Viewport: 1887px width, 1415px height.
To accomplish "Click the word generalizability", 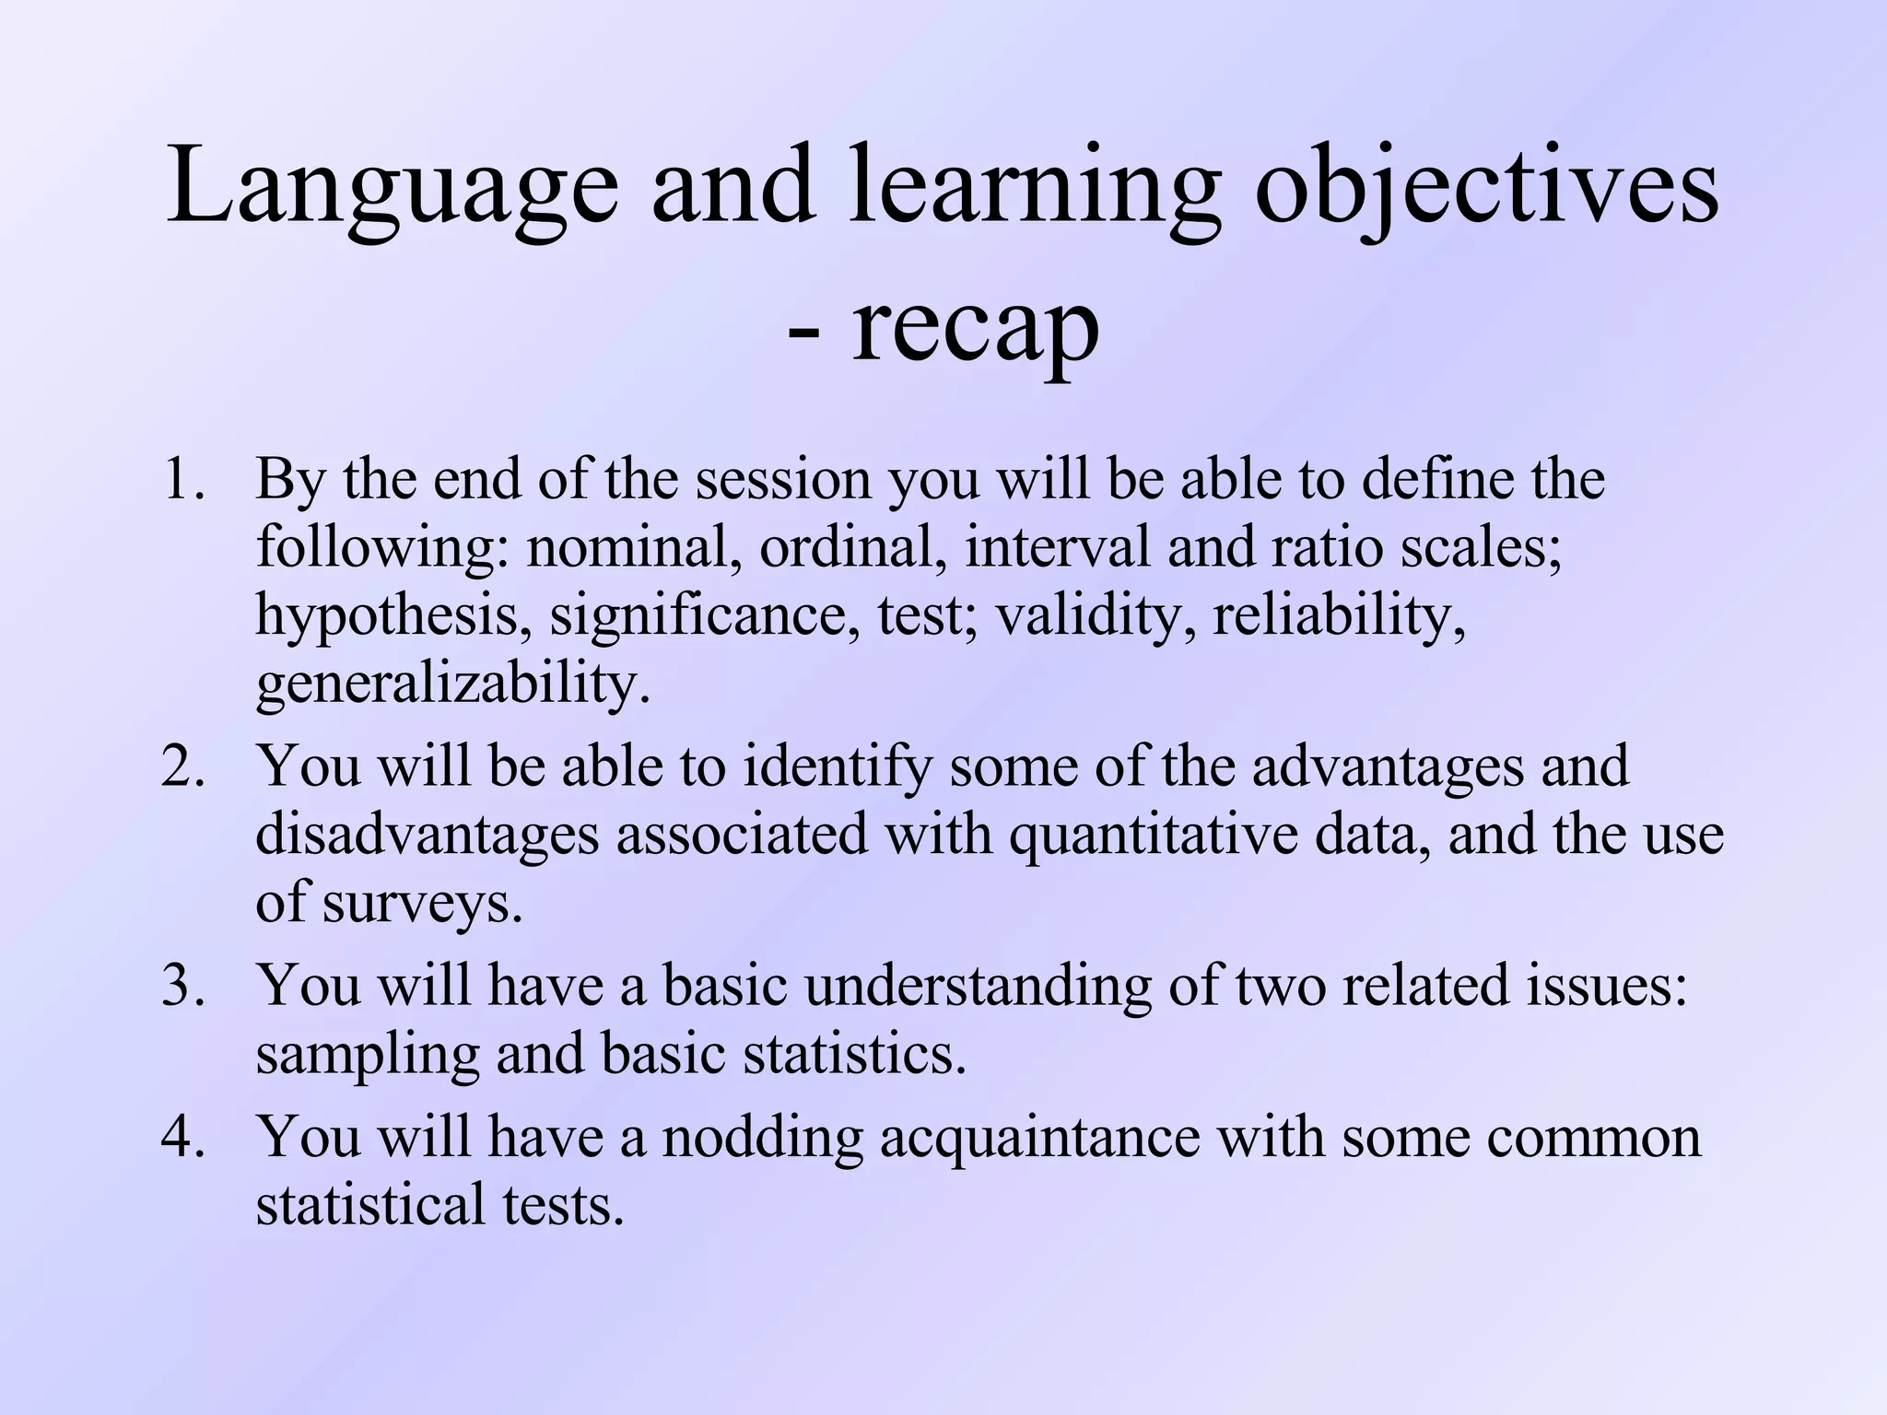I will point(451,684).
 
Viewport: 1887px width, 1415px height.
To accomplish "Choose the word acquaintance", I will point(1039,1137).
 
